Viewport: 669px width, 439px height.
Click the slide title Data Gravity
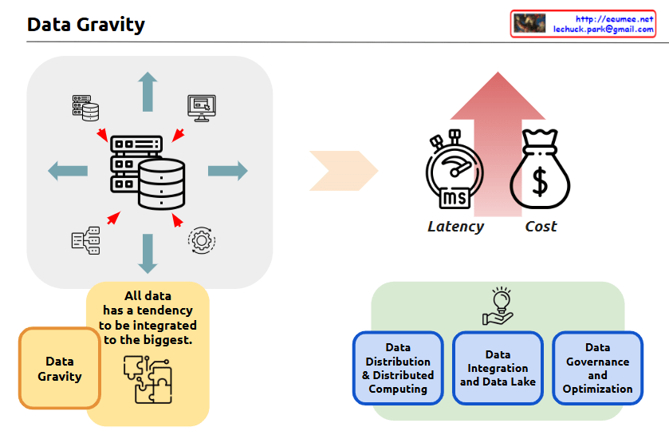click(85, 25)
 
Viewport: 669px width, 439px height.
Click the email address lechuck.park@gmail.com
click(604, 29)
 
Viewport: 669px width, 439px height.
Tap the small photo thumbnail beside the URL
click(529, 23)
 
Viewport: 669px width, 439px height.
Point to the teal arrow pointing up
click(148, 91)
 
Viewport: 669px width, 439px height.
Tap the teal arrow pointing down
click(148, 253)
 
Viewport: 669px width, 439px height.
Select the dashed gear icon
click(201, 240)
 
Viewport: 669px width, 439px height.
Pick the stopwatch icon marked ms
click(455, 171)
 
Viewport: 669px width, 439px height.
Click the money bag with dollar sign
click(541, 170)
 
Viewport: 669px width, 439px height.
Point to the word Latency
click(455, 227)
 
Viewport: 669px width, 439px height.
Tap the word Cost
click(541, 227)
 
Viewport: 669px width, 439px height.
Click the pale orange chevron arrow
click(343, 170)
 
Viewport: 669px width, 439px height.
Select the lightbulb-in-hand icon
click(498, 307)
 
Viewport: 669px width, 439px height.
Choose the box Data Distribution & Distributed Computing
click(398, 368)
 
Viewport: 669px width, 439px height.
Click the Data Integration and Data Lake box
click(498, 368)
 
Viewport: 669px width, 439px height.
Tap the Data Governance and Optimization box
click(597, 368)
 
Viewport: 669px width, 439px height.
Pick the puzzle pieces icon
click(148, 378)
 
